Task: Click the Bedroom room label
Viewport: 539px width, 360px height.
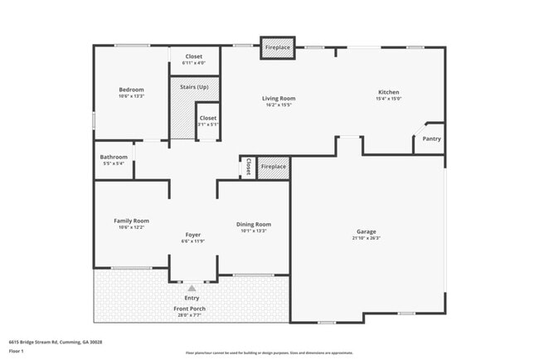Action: click(131, 90)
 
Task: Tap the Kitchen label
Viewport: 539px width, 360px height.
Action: click(389, 92)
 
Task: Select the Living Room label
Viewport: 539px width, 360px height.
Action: click(279, 99)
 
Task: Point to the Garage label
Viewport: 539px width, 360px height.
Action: click(367, 231)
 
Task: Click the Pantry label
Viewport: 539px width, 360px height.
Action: click(431, 139)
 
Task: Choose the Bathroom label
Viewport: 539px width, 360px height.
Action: click(114, 157)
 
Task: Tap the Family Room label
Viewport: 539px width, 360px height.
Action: click(131, 221)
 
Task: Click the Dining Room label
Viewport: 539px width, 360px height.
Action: click(254, 224)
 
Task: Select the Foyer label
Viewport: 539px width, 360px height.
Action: click(192, 235)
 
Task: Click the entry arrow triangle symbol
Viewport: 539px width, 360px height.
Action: click(192, 289)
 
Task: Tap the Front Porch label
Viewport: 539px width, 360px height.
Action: click(189, 309)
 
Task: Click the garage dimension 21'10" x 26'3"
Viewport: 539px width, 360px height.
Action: click(367, 238)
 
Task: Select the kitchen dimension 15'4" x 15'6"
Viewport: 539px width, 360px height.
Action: click(389, 99)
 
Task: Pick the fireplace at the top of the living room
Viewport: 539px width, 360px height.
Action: click(277, 48)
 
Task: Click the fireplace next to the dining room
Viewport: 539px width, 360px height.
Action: click(273, 167)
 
